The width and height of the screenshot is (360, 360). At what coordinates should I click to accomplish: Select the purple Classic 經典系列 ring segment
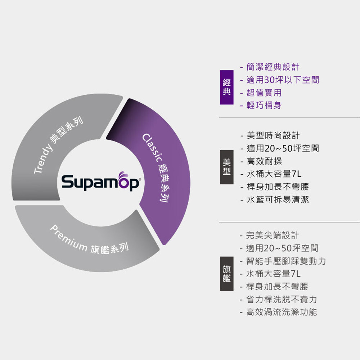[158, 169]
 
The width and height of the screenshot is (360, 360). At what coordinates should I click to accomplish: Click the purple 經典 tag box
[226, 86]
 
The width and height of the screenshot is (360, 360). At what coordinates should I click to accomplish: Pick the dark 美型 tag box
[226, 168]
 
